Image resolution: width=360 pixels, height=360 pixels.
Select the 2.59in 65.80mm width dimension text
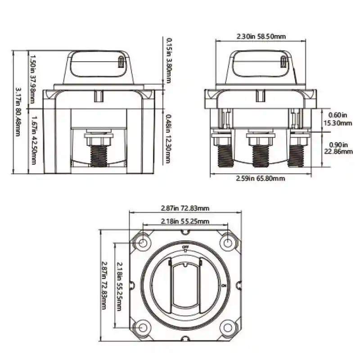point(261,178)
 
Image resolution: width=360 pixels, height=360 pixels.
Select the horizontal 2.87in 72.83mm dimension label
point(185,208)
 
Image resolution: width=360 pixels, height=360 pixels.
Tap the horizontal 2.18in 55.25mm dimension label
point(185,221)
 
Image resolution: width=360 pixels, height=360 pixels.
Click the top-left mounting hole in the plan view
point(143,243)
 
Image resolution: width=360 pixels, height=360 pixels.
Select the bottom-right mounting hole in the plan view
point(228,327)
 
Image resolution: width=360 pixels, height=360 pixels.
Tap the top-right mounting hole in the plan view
point(228,243)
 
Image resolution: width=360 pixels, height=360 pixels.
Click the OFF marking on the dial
point(185,248)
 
